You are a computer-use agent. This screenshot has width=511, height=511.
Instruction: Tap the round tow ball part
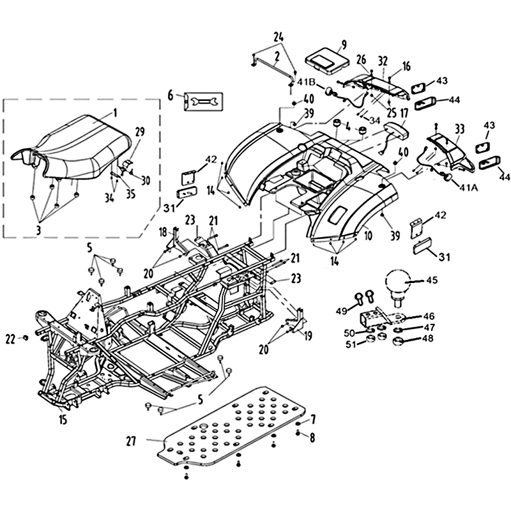tap(398, 281)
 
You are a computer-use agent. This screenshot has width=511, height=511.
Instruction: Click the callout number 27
tap(132, 441)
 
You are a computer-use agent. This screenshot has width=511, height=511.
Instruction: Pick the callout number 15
tap(63, 420)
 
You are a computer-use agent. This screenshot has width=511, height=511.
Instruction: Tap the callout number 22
tap(10, 340)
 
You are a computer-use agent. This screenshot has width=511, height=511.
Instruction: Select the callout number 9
tap(344, 45)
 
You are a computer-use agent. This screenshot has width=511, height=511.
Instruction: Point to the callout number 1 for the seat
tap(115, 114)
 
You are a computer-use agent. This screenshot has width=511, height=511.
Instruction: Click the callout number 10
tap(368, 235)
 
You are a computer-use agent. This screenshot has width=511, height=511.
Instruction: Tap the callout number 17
tap(404, 114)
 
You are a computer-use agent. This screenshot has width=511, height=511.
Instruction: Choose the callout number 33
tap(459, 129)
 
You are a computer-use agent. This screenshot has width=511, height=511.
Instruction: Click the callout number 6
tap(171, 96)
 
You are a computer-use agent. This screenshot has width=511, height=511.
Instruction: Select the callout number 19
tap(307, 335)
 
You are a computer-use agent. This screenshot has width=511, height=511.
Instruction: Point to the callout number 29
tap(139, 132)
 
